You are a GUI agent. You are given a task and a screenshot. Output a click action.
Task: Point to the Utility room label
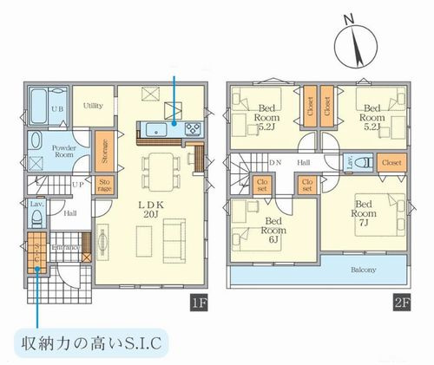(x=94, y=105)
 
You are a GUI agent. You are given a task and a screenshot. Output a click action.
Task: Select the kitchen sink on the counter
(x=158, y=129)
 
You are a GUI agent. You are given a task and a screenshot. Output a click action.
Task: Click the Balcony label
(x=363, y=270)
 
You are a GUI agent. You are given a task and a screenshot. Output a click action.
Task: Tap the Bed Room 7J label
(x=365, y=209)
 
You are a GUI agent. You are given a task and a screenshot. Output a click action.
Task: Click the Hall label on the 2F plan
(x=303, y=162)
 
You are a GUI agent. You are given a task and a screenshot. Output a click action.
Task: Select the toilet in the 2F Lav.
(x=365, y=162)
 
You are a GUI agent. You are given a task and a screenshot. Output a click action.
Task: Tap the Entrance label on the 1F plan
(x=67, y=249)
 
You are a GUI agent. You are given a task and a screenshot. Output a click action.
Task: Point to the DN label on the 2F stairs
(x=275, y=162)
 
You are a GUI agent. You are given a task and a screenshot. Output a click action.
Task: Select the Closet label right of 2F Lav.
(x=391, y=162)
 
